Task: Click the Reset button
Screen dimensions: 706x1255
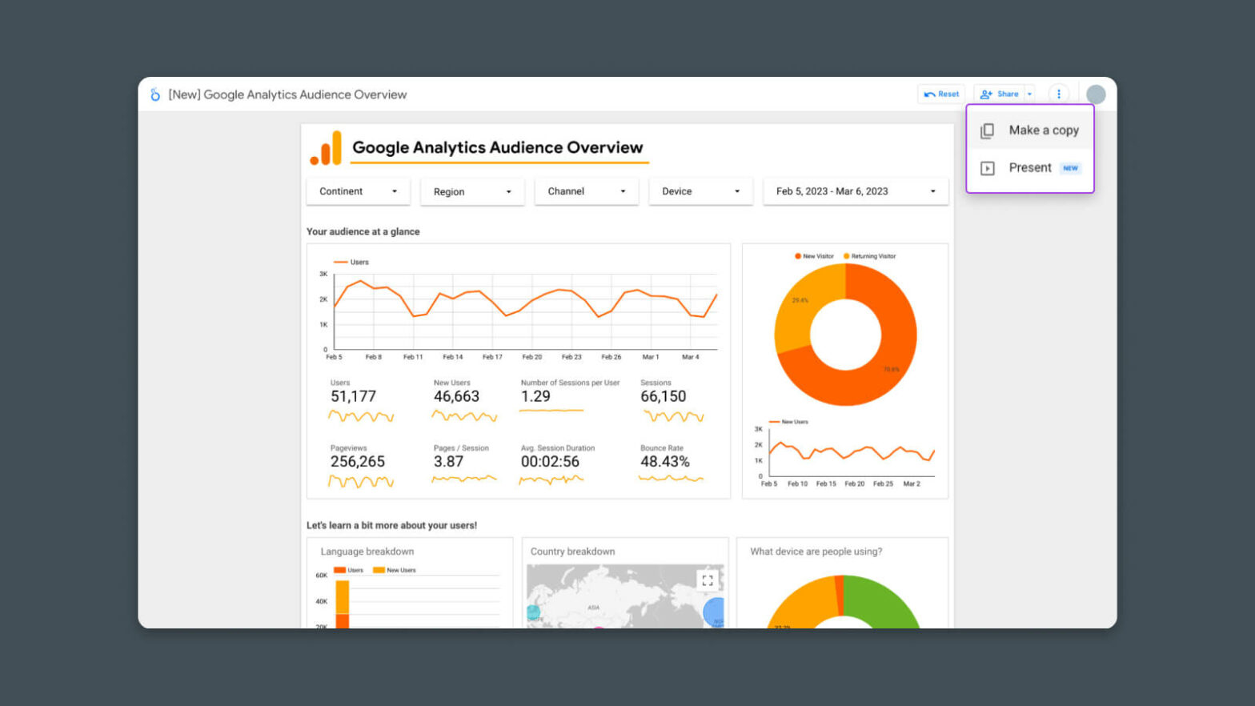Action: click(941, 94)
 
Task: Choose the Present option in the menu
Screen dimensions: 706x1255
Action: click(1030, 168)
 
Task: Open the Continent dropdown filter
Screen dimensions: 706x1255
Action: click(358, 191)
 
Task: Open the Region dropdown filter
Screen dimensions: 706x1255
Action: click(472, 192)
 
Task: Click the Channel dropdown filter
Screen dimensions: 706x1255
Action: click(587, 191)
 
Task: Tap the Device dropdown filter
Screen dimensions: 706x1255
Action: click(700, 191)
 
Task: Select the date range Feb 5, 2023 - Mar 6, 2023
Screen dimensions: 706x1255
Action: click(856, 191)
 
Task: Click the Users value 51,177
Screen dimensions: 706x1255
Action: click(353, 396)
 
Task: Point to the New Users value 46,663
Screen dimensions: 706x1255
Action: click(456, 396)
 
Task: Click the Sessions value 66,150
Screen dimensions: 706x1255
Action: click(663, 396)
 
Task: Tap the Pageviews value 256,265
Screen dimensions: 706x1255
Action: click(358, 462)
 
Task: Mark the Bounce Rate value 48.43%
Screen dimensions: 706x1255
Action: click(664, 462)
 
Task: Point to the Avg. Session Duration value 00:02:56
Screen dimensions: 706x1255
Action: click(550, 462)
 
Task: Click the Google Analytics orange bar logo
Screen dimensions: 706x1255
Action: click(326, 148)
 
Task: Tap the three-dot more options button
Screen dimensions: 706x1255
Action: click(1059, 94)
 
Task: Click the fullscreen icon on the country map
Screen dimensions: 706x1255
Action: click(708, 580)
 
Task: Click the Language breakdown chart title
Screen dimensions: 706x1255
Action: click(367, 552)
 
